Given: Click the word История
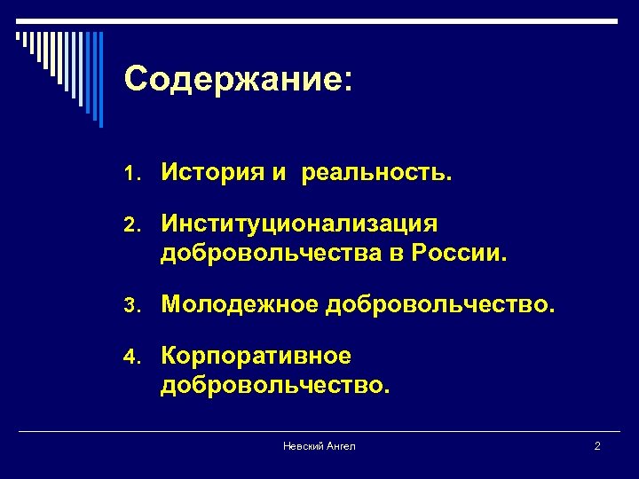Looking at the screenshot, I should pos(210,174).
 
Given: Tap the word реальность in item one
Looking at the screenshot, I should pos(375,175).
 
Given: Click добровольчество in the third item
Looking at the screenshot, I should pos(440,306).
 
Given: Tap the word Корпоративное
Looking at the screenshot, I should pos(256,357).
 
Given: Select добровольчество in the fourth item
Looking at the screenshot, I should pos(274,387).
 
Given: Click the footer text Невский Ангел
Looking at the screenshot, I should pos(319,446).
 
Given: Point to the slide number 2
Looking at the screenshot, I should pos(597,446).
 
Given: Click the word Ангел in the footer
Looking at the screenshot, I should pos(340,446).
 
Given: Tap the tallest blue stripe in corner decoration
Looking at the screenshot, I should pos(100,79).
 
